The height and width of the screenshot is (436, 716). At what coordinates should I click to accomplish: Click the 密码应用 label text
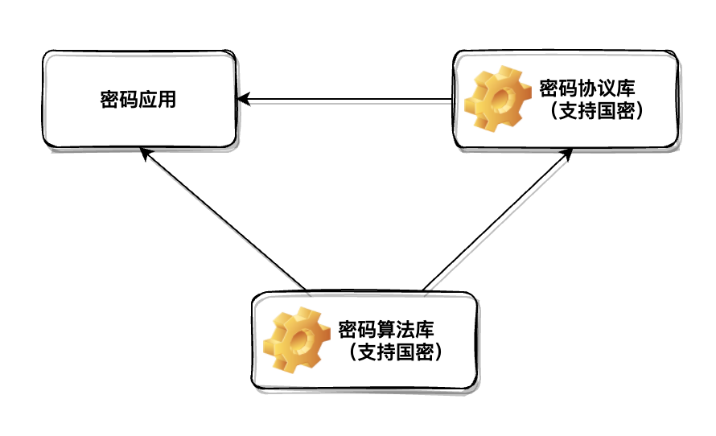(138, 101)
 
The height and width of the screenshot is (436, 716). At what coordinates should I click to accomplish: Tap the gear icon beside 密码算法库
(299, 340)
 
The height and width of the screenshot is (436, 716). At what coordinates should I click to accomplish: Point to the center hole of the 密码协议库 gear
(502, 101)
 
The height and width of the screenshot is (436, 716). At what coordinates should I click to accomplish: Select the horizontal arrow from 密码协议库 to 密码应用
(346, 101)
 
